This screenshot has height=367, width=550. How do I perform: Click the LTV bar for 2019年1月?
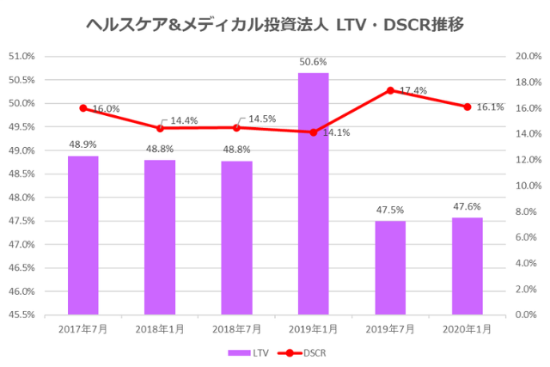314,193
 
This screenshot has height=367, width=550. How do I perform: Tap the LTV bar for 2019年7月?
390,267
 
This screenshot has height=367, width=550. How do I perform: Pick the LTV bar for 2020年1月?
467,266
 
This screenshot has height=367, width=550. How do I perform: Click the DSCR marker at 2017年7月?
83,108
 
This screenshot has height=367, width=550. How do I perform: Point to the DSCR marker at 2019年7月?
390,90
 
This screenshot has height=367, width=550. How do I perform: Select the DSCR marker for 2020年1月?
467,107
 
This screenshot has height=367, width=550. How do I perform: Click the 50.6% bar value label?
314,62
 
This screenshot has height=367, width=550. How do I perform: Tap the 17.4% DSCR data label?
413,90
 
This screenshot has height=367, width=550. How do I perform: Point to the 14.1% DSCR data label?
336,132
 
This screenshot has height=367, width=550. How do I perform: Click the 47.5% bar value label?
390,210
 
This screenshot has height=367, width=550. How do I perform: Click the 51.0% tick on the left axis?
21,57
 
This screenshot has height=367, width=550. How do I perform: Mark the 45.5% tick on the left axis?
21,315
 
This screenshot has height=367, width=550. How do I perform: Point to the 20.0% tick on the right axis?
527,57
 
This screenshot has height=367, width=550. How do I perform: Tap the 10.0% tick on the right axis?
527,186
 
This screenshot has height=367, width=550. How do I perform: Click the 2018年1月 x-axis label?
160,328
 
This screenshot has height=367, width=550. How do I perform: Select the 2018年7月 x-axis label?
237,328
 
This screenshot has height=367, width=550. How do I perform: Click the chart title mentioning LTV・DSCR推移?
275,24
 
